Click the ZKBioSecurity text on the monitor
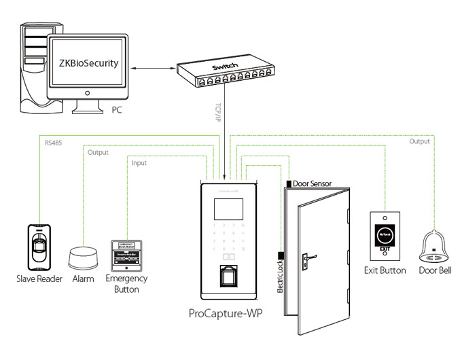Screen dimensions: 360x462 coord(88,64)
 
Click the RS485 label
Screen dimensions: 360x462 coord(53,143)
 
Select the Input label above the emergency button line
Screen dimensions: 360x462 coord(139,163)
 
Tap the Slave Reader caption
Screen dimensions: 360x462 coord(39,279)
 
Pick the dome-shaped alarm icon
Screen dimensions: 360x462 coord(83,259)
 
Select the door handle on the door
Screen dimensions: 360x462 coord(307,257)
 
